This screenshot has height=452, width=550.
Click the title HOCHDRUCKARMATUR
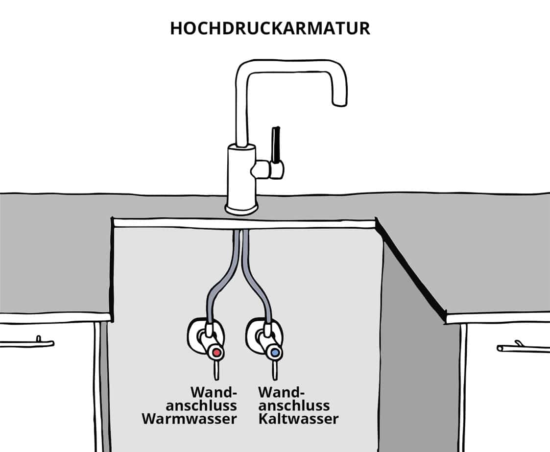(x=270, y=28)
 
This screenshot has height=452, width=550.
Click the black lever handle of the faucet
(x=277, y=145)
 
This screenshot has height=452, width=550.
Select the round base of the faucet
(x=241, y=208)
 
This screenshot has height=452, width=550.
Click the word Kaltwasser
(x=298, y=419)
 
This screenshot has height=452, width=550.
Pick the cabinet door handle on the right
(x=523, y=348)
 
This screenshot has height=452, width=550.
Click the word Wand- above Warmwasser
(x=214, y=392)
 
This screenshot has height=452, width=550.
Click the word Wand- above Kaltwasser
(x=281, y=392)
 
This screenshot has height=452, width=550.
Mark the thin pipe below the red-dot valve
(x=216, y=370)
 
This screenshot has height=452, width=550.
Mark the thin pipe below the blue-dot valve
(x=275, y=370)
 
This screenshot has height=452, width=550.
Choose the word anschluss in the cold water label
(x=294, y=406)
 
